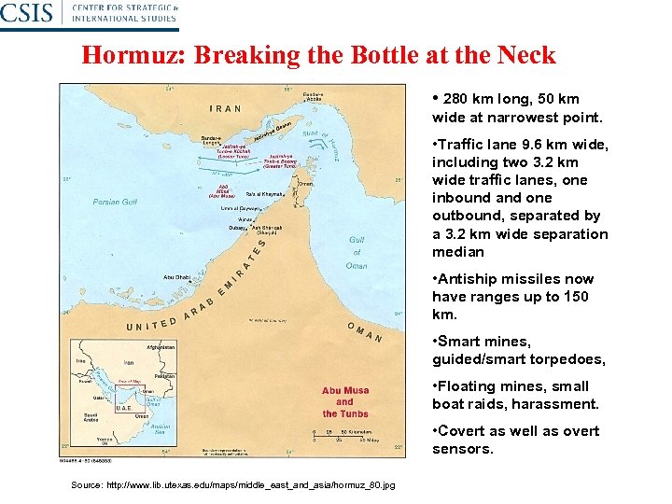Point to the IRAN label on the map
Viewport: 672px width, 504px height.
click(225, 108)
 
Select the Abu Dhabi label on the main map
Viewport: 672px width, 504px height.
click(177, 276)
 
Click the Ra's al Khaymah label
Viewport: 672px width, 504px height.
click(264, 194)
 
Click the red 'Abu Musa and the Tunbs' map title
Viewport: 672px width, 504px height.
click(345, 402)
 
